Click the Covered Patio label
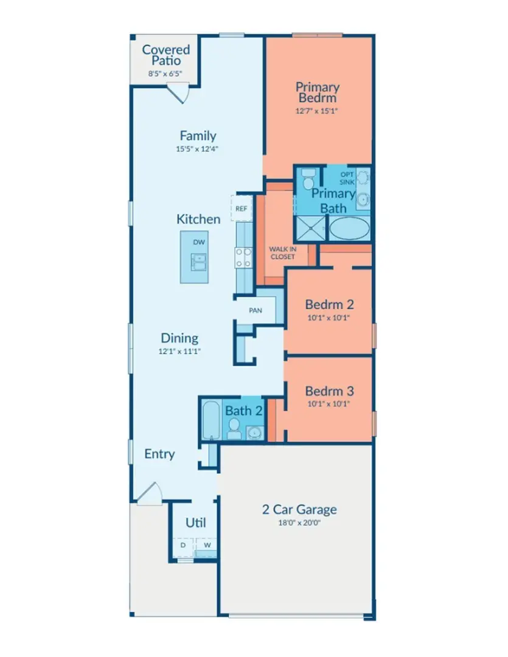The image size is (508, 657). tap(165, 55)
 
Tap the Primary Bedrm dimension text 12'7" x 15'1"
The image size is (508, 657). tap(316, 111)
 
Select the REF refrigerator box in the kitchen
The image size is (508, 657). tap(240, 208)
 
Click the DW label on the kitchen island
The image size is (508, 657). tap(199, 242)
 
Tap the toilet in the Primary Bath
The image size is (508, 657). tap(308, 179)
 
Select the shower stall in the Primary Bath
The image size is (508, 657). tap(310, 230)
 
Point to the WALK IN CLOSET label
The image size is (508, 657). tap(282, 252)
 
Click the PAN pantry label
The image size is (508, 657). tap(256, 310)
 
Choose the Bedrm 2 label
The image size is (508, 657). tap(329, 304)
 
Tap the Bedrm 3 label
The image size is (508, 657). tap(329, 391)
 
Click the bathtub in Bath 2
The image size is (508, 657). tap(211, 420)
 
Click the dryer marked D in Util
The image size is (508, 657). tap(183, 546)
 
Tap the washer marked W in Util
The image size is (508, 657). tap(207, 546)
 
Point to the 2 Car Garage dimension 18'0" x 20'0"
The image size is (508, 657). tap(298, 522)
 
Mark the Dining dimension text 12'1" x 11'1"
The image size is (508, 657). tap(179, 351)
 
